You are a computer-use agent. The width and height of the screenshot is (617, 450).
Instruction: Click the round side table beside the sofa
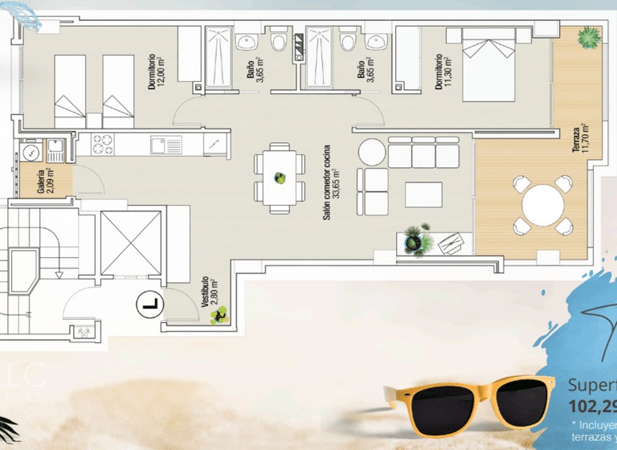coord(372,152)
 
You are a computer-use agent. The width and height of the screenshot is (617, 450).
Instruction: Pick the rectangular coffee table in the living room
coord(423,194)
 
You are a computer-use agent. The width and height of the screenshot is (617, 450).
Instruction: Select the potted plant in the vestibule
coord(217,316)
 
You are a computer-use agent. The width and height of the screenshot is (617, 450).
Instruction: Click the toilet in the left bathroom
coord(280,42)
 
